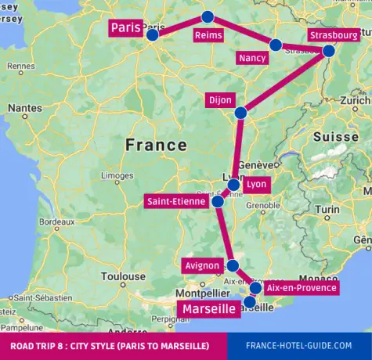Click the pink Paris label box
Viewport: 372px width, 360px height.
(125, 28)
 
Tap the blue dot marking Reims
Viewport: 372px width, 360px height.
(208, 16)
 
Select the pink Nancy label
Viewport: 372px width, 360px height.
(253, 58)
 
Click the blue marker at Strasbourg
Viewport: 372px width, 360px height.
(328, 50)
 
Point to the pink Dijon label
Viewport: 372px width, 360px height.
(220, 99)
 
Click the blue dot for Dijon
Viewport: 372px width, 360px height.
(240, 113)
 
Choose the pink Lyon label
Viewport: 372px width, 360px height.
(257, 184)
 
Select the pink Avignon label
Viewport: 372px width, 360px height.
(201, 265)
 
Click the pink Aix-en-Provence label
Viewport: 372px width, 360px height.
(302, 288)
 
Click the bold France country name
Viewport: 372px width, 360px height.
(156, 145)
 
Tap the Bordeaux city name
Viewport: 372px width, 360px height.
(56, 222)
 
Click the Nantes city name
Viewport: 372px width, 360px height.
(25, 107)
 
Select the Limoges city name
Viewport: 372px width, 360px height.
(117, 175)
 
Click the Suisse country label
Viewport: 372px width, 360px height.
(334, 136)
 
